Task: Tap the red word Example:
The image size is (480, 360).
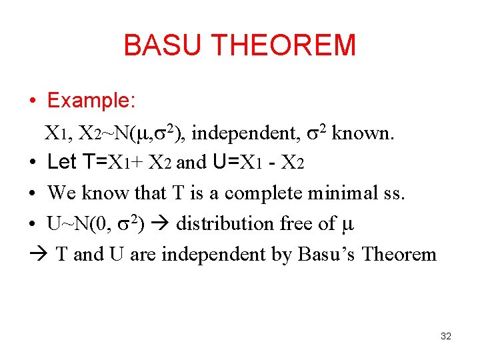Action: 91,101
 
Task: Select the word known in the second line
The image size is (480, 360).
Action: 363,133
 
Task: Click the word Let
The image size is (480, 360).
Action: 62,162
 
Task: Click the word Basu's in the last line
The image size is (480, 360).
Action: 323,254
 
